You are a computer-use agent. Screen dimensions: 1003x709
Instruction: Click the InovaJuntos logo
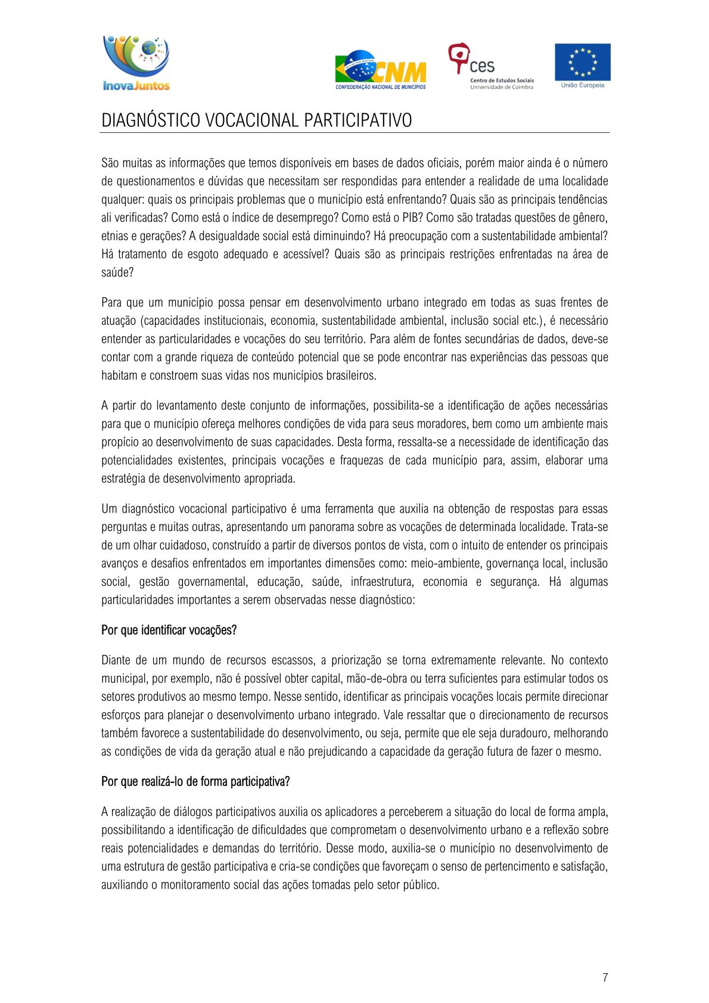point(136,63)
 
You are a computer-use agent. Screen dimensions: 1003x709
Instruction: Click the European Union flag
point(582,61)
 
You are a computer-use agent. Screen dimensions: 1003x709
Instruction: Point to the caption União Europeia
point(582,85)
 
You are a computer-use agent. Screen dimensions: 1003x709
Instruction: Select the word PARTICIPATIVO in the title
point(357,120)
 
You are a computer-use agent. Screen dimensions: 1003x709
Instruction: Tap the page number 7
point(605,977)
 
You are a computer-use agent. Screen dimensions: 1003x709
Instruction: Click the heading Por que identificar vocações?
point(169,630)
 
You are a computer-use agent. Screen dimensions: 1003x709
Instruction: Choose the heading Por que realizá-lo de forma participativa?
point(195,781)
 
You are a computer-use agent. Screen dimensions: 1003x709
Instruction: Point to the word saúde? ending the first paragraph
point(117,272)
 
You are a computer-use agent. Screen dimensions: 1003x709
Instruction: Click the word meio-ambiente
point(446,563)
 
